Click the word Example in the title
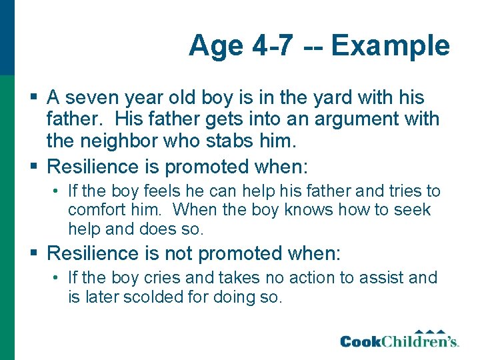391,46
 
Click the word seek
415,210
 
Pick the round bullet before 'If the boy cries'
57,278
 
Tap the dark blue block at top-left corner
7,37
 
